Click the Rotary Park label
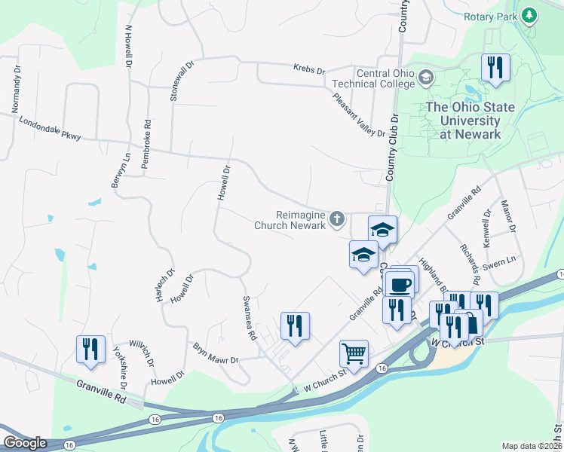click(489, 15)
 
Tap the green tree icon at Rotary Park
click(529, 15)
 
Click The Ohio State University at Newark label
click(471, 121)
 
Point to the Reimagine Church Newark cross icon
click(337, 220)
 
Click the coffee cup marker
click(400, 284)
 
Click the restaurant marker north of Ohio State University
click(495, 67)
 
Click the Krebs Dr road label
click(309, 70)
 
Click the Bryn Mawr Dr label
click(216, 353)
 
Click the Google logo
click(26, 443)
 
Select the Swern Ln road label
click(499, 260)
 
